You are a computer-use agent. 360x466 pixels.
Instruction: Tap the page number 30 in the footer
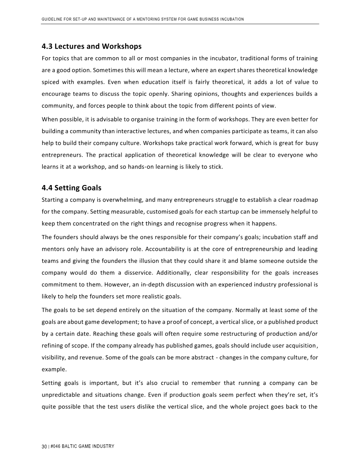pos(44,446)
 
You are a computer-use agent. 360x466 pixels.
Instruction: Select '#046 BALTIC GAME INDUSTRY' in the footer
pos(82,446)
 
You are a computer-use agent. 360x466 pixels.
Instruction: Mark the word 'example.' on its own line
pos(54,370)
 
